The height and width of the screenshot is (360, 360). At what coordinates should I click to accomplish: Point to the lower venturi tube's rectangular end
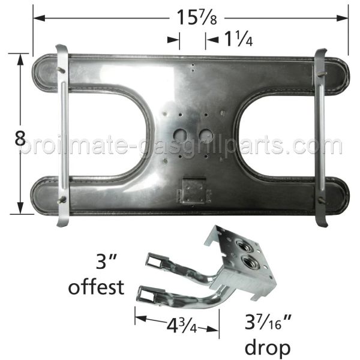148,294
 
